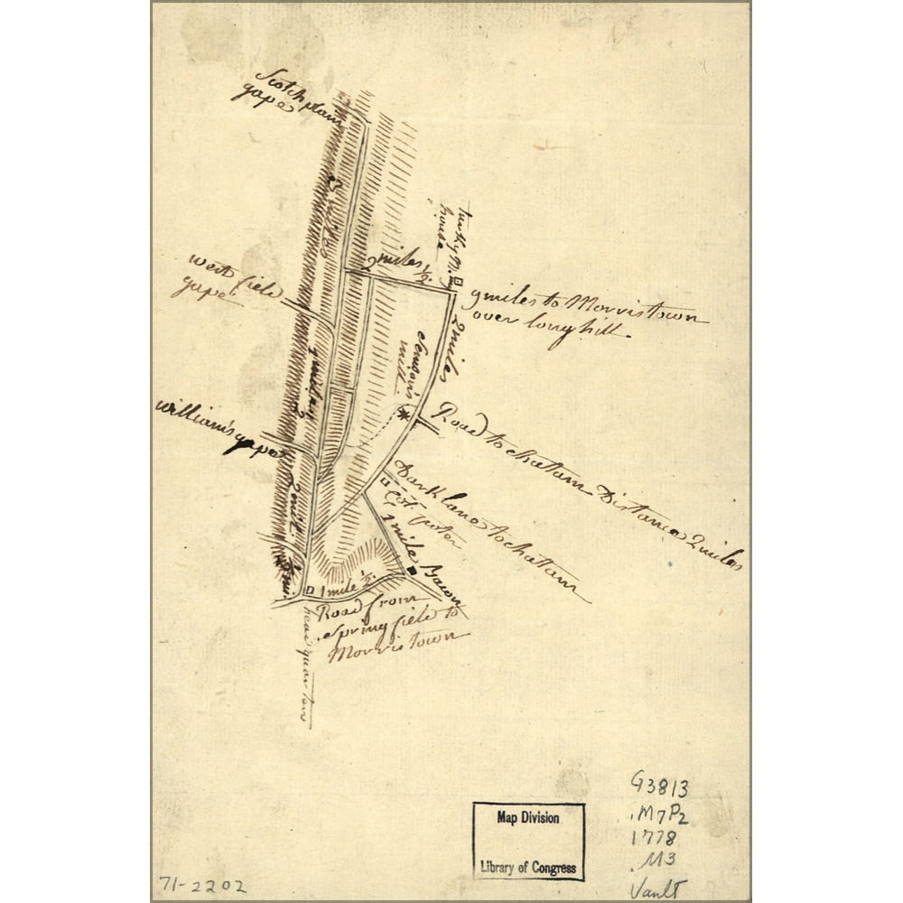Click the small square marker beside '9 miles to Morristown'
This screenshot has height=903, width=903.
457,283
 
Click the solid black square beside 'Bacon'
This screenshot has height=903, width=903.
411,571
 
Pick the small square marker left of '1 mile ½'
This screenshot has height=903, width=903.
311,591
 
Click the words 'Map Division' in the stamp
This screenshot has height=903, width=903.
528,817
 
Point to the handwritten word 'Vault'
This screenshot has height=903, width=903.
657,889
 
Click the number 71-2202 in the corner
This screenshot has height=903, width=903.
201,886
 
